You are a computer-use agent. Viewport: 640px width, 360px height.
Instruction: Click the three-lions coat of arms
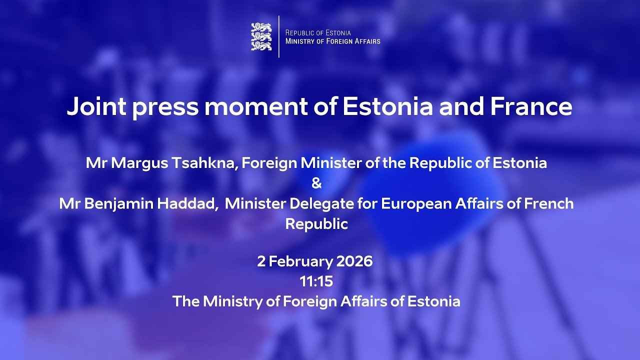pos(261,36)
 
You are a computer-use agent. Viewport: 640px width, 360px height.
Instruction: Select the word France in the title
pos(531,106)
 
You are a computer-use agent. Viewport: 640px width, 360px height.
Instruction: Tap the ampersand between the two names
pos(316,183)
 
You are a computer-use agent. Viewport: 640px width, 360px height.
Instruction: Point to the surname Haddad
pos(192,204)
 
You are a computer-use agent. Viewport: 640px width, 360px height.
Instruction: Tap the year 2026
pos(354,261)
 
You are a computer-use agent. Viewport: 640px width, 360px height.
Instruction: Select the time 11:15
pos(316,281)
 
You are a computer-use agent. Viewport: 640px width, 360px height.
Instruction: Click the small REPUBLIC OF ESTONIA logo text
pos(318,32)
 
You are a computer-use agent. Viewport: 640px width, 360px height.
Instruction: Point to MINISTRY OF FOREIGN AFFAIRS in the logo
pos(332,41)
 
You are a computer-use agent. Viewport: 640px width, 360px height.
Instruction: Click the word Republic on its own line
pos(316,224)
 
